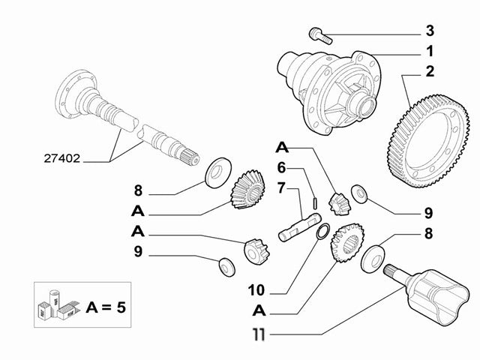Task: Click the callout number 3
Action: click(429, 31)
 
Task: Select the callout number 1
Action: click(429, 52)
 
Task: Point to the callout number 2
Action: click(429, 73)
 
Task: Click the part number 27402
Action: click(63, 159)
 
